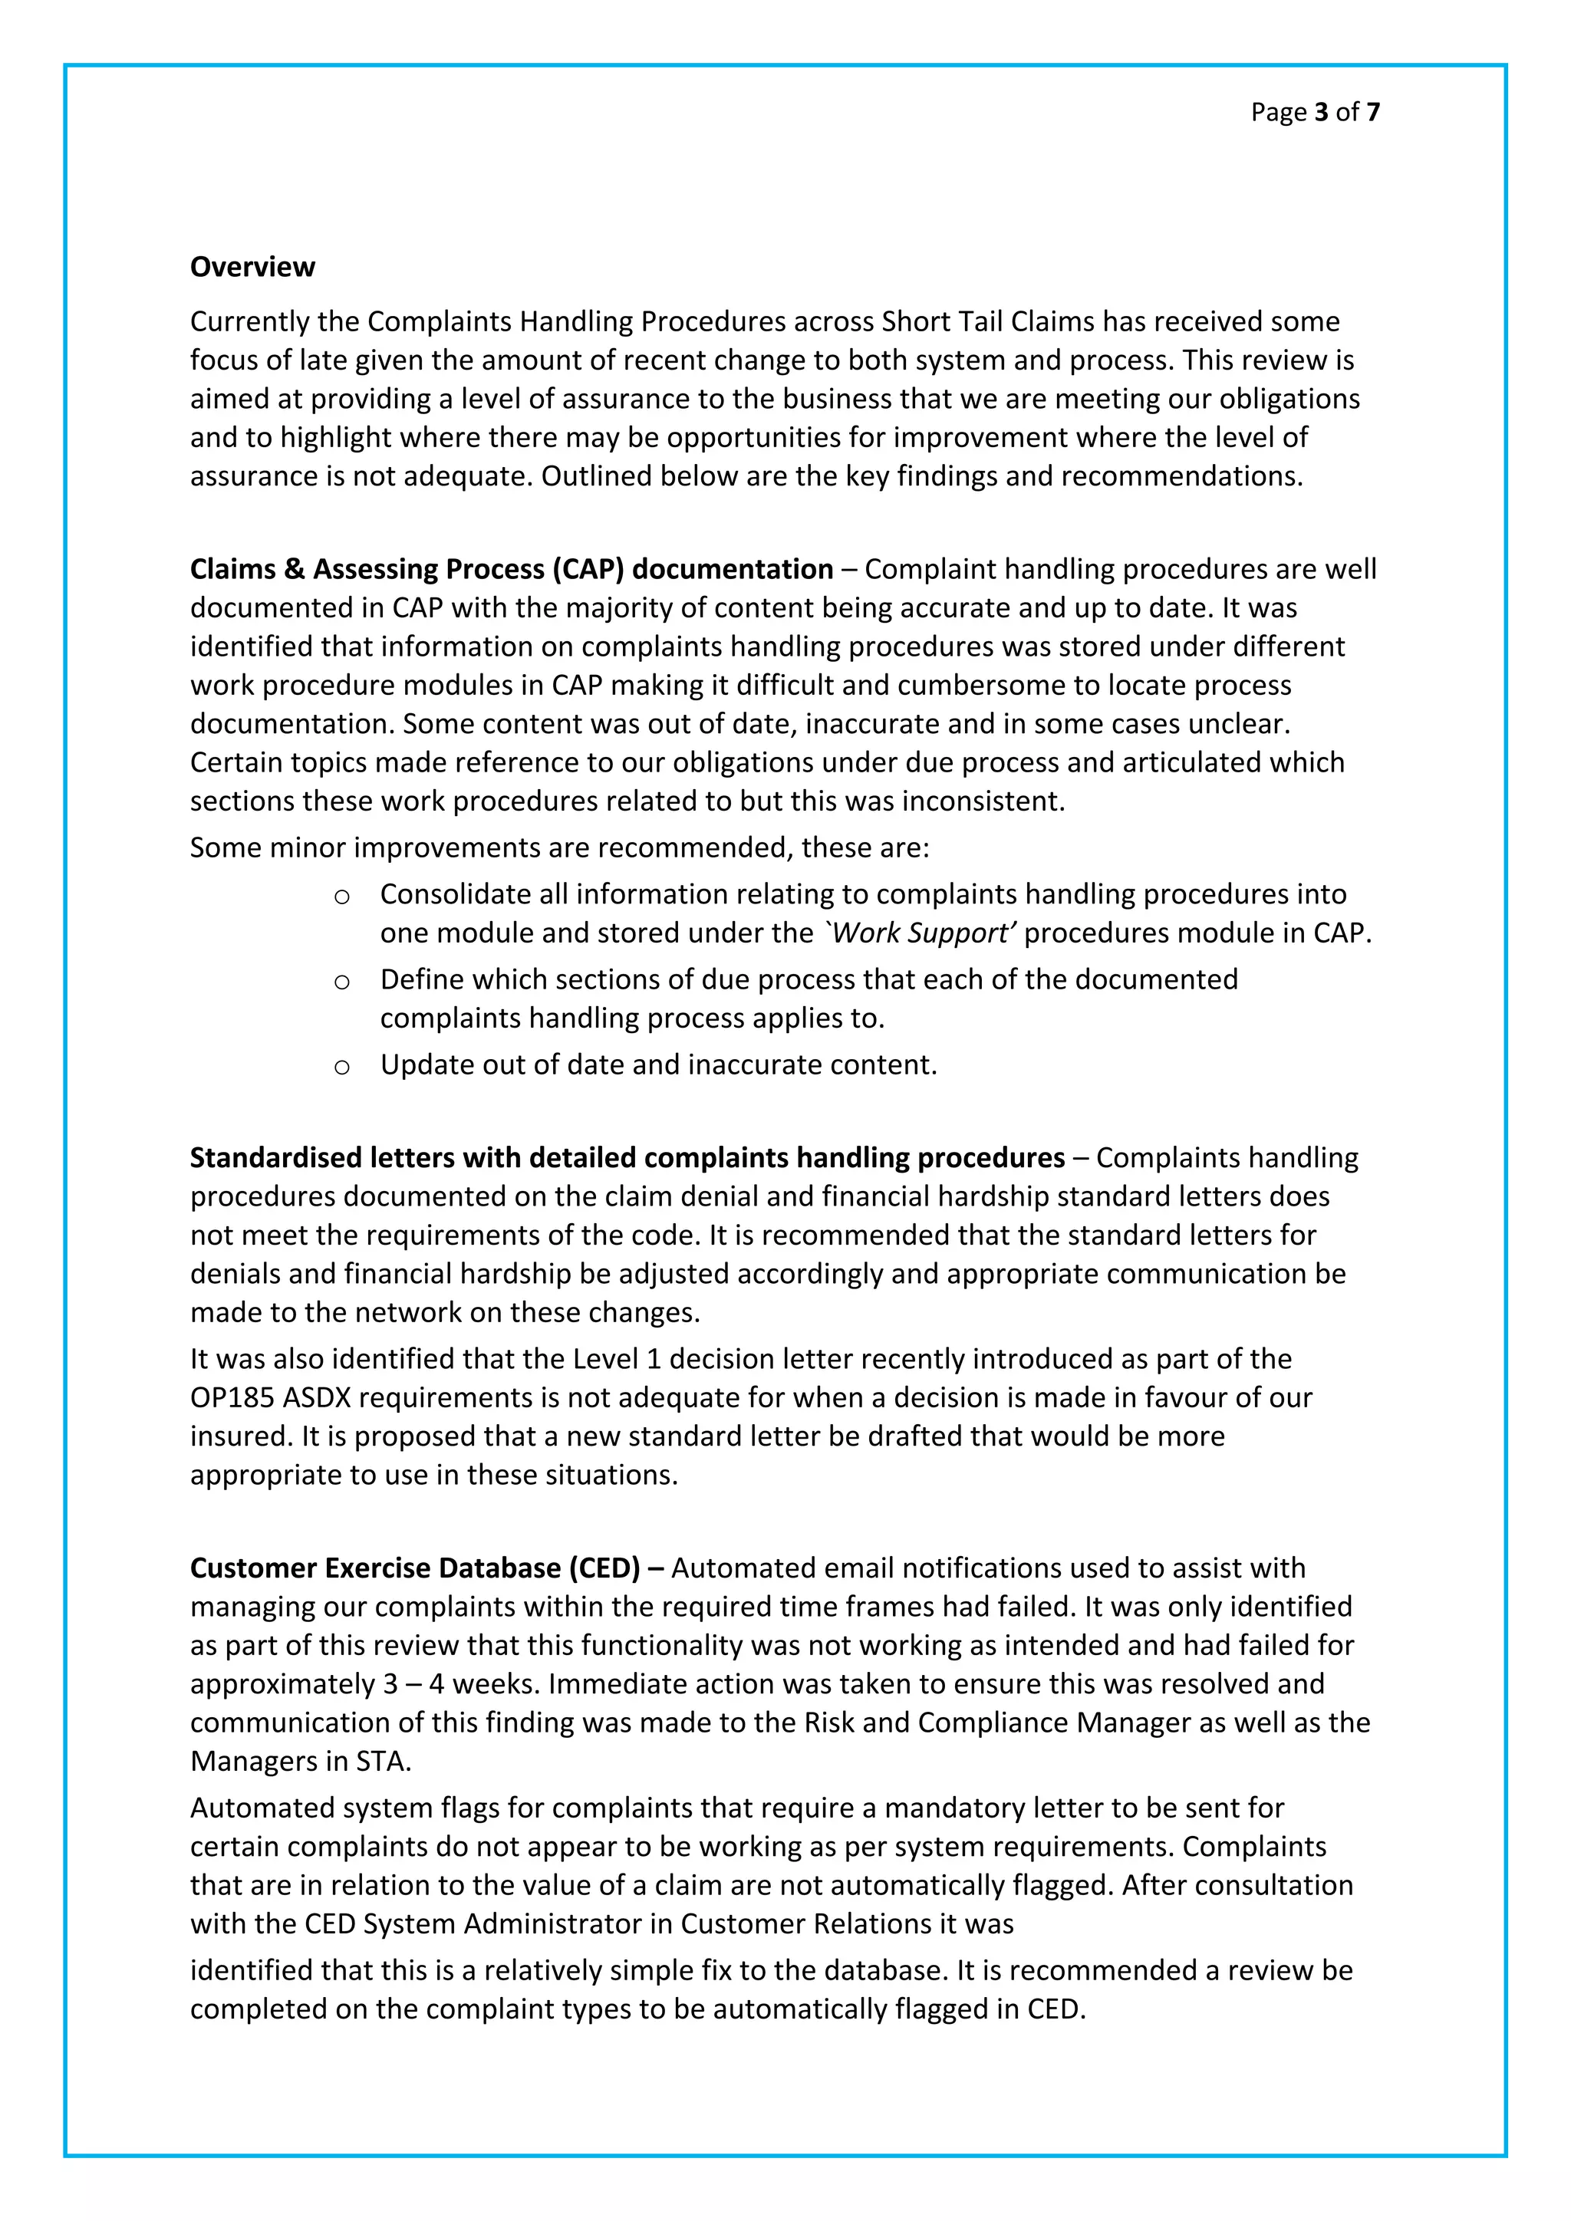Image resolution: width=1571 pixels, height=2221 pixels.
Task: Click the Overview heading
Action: (252, 267)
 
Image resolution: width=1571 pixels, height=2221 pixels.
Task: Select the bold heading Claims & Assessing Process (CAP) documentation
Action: (511, 569)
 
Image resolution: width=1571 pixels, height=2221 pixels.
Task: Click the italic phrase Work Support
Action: (921, 933)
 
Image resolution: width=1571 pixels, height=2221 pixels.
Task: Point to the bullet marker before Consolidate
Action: (341, 897)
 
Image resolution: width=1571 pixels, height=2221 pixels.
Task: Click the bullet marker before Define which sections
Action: (341, 982)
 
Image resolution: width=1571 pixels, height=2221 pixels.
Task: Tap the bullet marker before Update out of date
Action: (341, 1067)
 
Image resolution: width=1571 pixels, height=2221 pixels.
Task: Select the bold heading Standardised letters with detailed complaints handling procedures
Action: (627, 1157)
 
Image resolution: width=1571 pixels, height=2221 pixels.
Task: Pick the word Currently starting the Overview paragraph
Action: (249, 321)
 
